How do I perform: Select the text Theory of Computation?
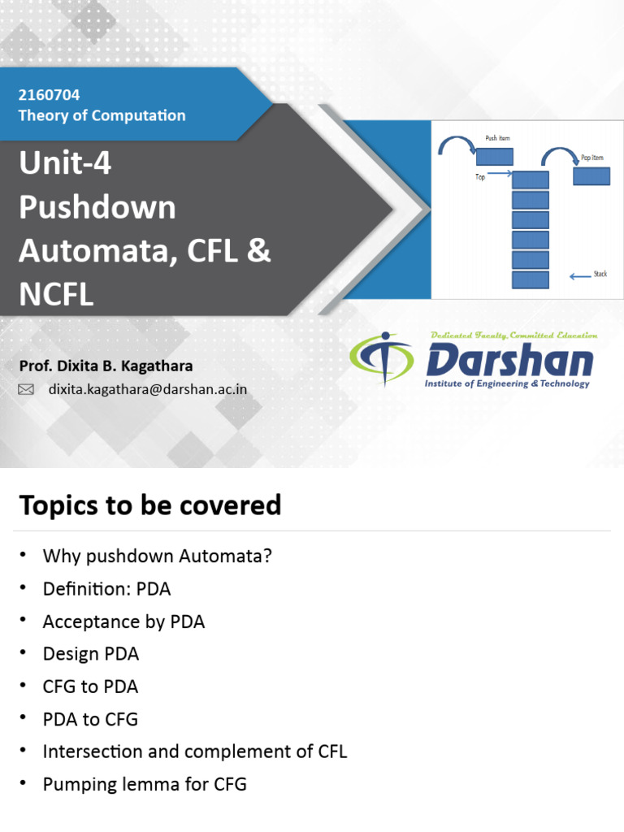pos(102,115)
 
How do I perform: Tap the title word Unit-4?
pos(65,164)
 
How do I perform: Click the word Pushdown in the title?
pos(97,207)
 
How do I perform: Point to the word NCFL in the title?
pos(56,294)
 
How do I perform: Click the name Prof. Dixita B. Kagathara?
pos(106,366)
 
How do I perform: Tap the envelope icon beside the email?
pos(26,390)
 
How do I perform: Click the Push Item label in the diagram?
pos(497,138)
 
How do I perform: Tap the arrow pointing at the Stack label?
pos(580,277)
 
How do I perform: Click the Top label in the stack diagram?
pos(480,176)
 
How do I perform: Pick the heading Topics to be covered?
pos(150,505)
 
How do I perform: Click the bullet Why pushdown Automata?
pos(157,557)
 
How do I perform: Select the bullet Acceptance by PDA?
pos(123,622)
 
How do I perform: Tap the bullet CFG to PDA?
pos(90,687)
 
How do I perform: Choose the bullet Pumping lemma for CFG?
pos(144,784)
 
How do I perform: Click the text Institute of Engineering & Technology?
pos(507,383)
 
